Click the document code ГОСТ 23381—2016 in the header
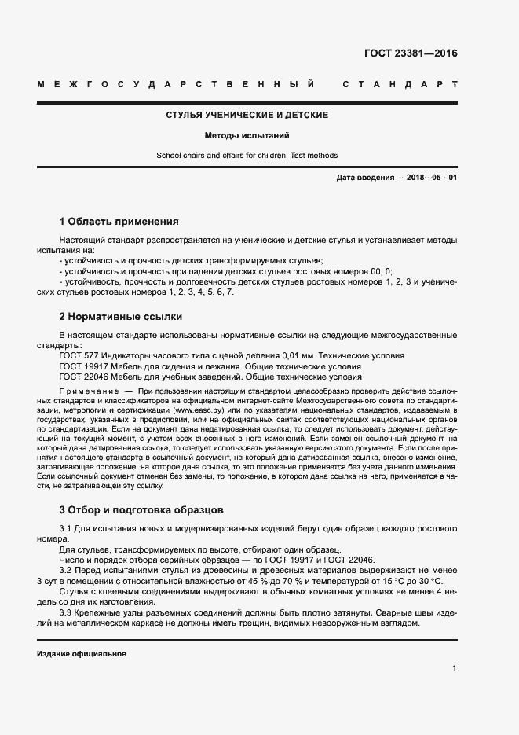click(x=410, y=54)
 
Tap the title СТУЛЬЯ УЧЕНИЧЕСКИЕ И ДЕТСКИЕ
click(x=247, y=116)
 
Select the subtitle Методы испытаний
click(x=247, y=135)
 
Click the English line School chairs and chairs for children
click(x=247, y=155)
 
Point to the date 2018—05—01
click(x=429, y=178)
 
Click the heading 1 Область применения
click(x=119, y=222)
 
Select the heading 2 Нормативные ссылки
click(x=120, y=317)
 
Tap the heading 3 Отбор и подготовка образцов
click(x=141, y=509)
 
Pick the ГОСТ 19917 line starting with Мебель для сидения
click(x=210, y=366)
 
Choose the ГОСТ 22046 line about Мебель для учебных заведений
click(x=210, y=377)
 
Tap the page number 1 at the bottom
click(x=455, y=668)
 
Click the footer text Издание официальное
click(x=82, y=654)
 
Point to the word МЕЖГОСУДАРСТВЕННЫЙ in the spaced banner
click(x=177, y=83)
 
